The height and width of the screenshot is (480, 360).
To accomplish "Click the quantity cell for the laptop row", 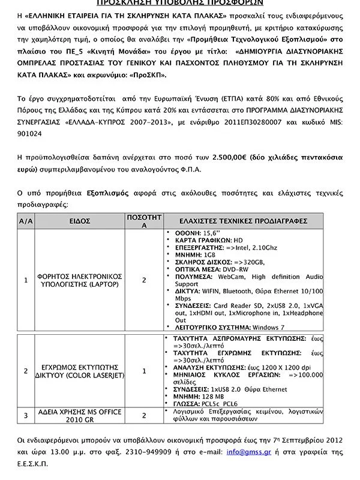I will (x=144, y=280).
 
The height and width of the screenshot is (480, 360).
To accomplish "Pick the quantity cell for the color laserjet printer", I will (x=144, y=371).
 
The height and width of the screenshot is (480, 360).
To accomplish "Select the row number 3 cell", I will (x=26, y=415).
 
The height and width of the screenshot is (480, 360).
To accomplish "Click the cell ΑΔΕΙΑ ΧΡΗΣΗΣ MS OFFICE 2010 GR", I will (x=80, y=415).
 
